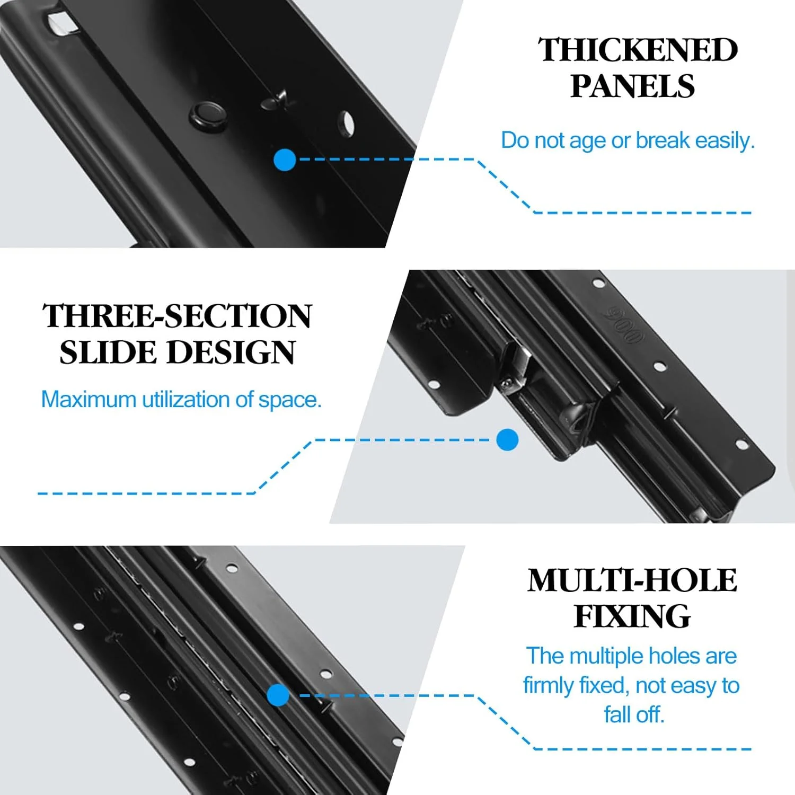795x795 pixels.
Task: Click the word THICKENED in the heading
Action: pyautogui.click(x=638, y=50)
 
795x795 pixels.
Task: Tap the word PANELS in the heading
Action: pyautogui.click(x=632, y=86)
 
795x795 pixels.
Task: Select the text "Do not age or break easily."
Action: pyautogui.click(x=628, y=140)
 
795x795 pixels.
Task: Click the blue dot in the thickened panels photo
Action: pyautogui.click(x=285, y=160)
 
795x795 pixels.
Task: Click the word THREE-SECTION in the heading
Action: pyautogui.click(x=177, y=316)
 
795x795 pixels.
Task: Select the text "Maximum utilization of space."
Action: pyautogui.click(x=181, y=399)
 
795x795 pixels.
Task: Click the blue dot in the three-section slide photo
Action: pyautogui.click(x=507, y=440)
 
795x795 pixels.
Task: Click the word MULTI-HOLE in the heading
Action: pyautogui.click(x=632, y=580)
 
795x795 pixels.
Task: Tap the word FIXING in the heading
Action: pyautogui.click(x=632, y=616)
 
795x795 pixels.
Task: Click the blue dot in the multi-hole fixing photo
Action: pyautogui.click(x=278, y=695)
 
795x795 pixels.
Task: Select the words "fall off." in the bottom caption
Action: pyautogui.click(x=634, y=714)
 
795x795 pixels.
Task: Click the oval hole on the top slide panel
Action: pyautogui.click(x=347, y=123)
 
